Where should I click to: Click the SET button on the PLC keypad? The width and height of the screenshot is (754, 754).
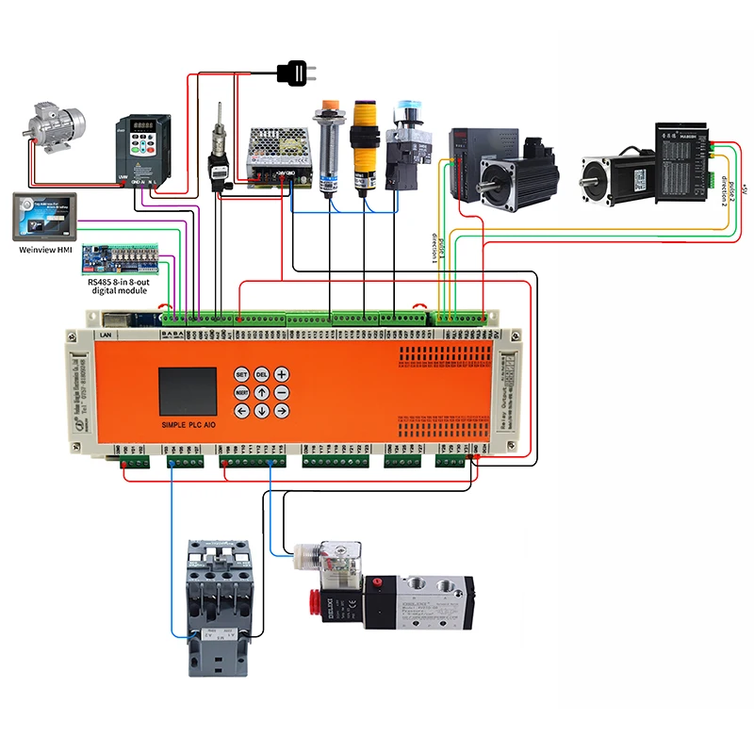coord(240,373)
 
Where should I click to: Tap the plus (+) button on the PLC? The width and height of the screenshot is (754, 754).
coord(280,373)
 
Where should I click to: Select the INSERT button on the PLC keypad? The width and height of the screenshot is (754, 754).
coord(240,392)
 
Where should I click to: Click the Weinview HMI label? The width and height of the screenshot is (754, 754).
coord(46,251)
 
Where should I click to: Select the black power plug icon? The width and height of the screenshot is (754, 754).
coord(295,71)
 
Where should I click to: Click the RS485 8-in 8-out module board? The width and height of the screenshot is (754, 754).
coord(125,254)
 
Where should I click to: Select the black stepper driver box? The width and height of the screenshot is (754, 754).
coord(685,151)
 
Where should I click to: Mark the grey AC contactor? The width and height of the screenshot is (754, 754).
coord(218,603)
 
